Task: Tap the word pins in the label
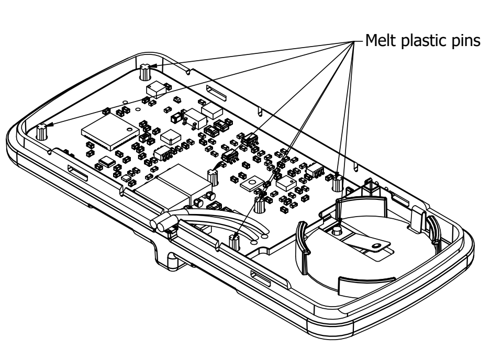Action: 466,41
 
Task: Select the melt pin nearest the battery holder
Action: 338,182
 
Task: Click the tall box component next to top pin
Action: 157,89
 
